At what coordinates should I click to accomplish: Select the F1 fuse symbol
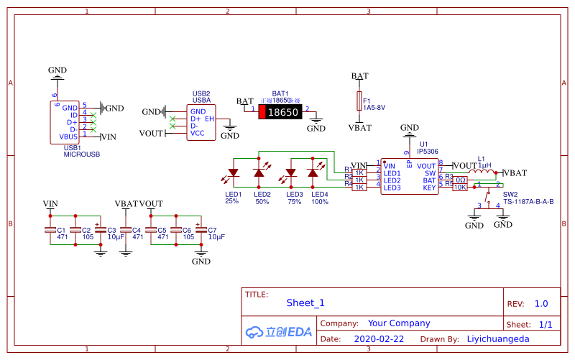pos(359,101)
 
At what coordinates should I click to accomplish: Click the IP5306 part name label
pos(428,152)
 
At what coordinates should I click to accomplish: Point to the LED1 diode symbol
pos(233,173)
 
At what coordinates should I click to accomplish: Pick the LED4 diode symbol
pos(313,172)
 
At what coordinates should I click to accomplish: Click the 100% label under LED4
pos(319,202)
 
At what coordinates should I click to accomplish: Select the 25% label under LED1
pos(231,202)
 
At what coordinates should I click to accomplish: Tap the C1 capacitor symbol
pos(50,230)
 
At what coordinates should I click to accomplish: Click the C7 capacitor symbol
pos(201,230)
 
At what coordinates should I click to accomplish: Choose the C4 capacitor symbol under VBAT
pos(126,230)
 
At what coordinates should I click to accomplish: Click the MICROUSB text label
pos(82,154)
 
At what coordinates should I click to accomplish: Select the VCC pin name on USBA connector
pos(197,133)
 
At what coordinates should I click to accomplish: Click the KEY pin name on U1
pos(429,188)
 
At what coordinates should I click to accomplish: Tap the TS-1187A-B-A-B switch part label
pos(528,202)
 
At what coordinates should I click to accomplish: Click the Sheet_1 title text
pos(305,303)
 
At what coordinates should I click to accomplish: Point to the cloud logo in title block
pos(254,332)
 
